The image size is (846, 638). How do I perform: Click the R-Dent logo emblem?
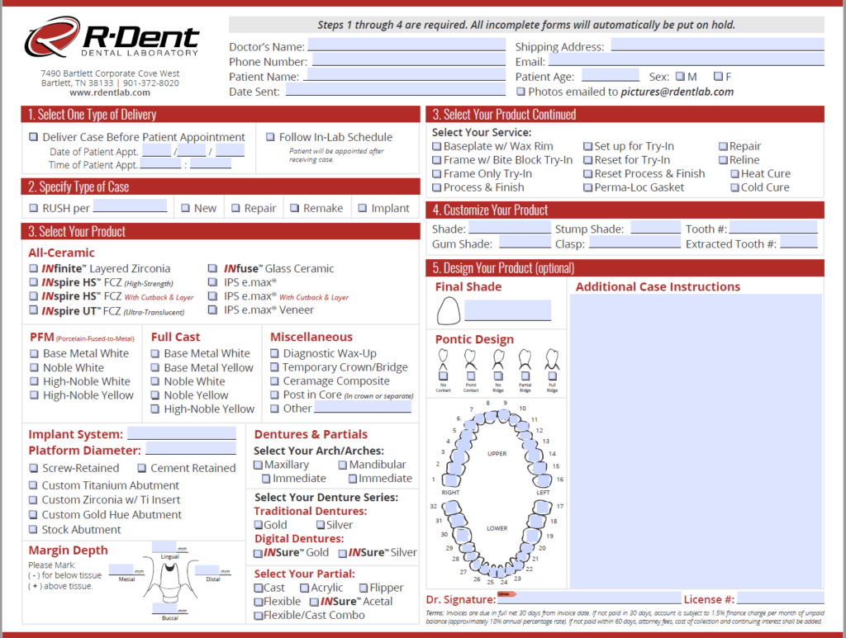coord(51,39)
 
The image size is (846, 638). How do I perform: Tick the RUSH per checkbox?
coord(34,208)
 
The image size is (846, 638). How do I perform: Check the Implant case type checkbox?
coord(360,208)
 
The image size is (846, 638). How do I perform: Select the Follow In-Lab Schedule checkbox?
coord(271,137)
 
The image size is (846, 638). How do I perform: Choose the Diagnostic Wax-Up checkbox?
coord(276,353)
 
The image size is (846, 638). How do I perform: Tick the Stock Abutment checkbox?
coord(34,529)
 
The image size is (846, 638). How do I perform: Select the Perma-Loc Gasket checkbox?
coord(588,187)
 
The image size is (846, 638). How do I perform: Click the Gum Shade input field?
coord(525,243)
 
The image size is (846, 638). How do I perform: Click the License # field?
coord(780,598)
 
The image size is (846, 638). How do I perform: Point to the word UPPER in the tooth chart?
coord(497,454)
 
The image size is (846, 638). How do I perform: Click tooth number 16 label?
coord(560,480)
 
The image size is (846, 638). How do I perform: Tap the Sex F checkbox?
coord(718,77)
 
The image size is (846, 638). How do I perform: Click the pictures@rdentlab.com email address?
coord(677,92)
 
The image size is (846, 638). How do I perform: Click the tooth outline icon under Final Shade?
coord(448,310)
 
